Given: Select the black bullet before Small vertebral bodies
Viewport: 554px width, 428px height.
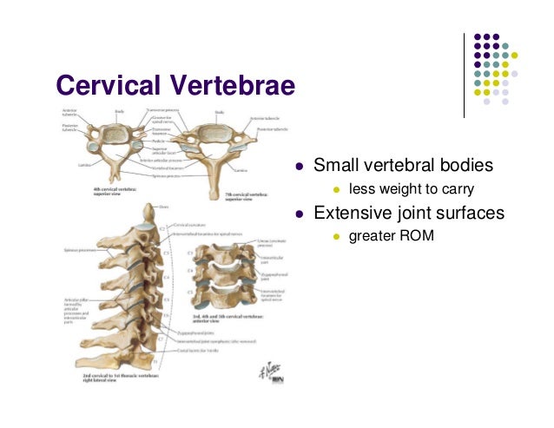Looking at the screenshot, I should [298, 165].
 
